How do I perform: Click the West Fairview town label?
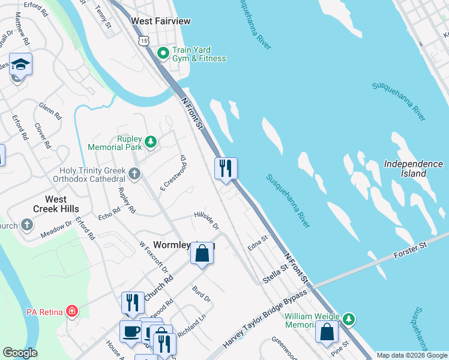click(161, 21)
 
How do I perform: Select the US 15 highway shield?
click(142, 40)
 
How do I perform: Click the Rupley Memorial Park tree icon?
click(151, 142)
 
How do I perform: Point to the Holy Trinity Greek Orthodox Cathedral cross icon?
click(134, 174)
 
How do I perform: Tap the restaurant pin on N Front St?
click(226, 168)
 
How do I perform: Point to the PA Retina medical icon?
click(72, 311)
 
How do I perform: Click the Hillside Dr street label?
click(206, 219)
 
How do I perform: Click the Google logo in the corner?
click(20, 353)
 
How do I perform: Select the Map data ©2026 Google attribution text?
click(412, 355)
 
